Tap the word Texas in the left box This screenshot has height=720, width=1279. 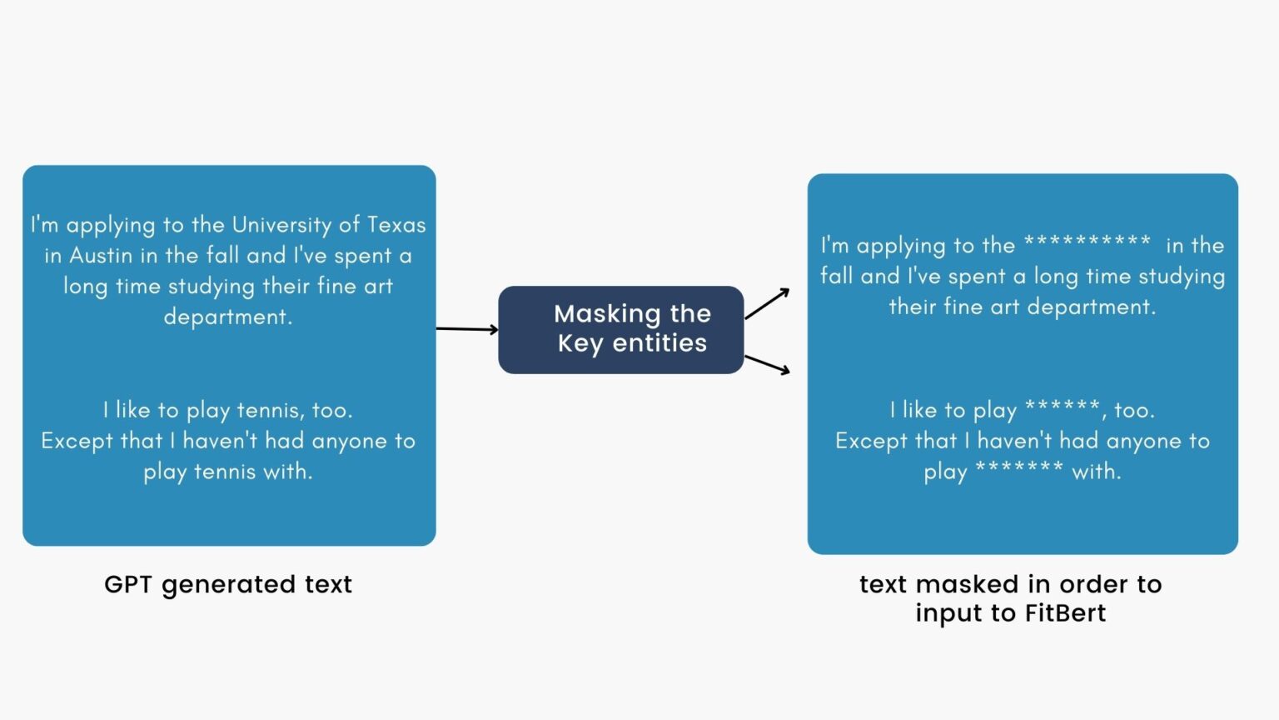click(x=396, y=225)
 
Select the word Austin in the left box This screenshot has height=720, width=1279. click(x=101, y=256)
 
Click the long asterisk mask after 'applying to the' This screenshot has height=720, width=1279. click(x=1087, y=242)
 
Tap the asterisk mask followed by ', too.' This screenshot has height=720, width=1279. click(x=1063, y=407)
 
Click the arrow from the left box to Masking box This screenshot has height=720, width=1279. click(x=467, y=329)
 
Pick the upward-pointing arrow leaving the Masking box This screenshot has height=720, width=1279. click(x=767, y=304)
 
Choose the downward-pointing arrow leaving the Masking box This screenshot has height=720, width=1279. click(x=767, y=364)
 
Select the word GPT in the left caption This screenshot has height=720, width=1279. click(x=127, y=584)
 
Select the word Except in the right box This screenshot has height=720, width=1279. click(x=873, y=441)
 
